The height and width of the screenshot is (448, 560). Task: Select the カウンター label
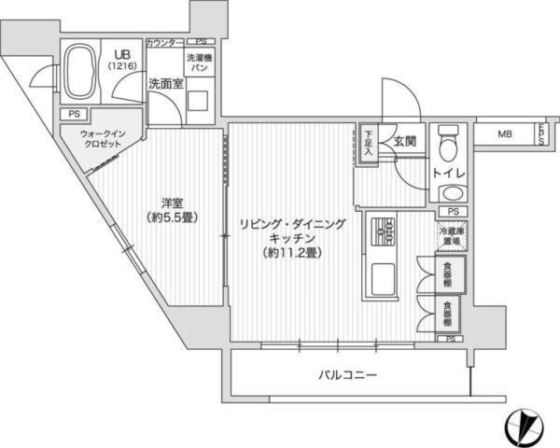(x=165, y=43)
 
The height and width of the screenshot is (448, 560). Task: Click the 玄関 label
(x=403, y=142)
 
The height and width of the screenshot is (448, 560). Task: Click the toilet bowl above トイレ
(x=449, y=146)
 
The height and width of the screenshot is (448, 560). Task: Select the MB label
(x=504, y=134)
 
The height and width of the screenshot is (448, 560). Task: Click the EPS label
(x=540, y=133)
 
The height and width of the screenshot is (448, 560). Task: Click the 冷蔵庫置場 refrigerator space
(x=452, y=237)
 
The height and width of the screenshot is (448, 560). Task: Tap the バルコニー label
(x=346, y=376)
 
